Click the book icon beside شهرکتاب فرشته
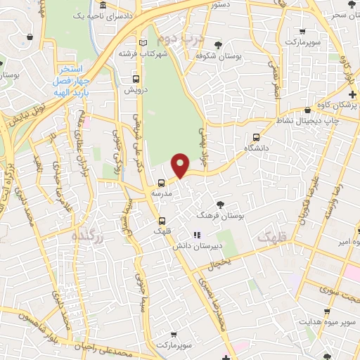pos(144,43)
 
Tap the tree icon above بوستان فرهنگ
pos(222,205)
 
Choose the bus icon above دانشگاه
pos(257,138)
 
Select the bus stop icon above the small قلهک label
pos(161,221)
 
